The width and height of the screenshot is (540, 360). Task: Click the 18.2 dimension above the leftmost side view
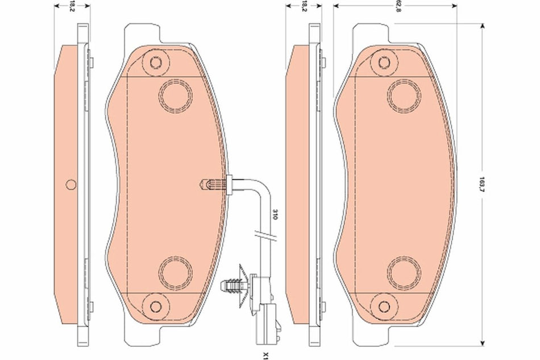[x=71, y=7]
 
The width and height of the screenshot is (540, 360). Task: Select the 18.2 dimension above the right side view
[x=304, y=7]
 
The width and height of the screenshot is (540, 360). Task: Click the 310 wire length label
[x=273, y=214]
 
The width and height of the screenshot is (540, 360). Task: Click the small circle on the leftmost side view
[x=71, y=184]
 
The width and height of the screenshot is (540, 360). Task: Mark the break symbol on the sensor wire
[x=265, y=235]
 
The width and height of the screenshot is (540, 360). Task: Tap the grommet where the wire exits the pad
[x=231, y=183]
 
